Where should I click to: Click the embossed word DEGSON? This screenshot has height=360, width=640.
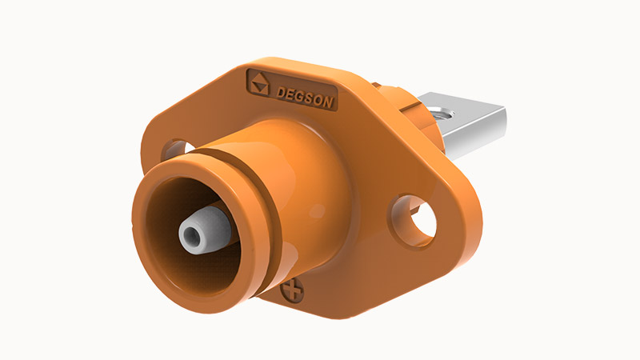[305, 98]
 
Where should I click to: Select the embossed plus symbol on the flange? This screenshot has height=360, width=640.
[292, 290]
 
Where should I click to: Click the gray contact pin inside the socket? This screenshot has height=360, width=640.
[204, 230]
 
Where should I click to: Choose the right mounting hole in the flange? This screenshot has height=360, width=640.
[414, 222]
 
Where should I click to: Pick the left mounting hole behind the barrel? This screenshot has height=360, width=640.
[176, 149]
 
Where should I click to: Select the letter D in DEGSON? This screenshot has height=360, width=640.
[281, 93]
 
